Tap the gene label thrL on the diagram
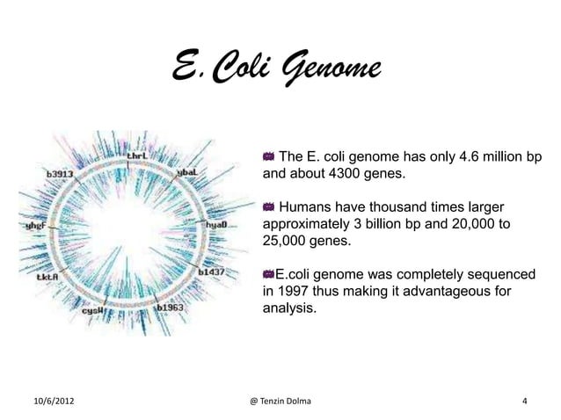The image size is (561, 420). pos(137,157)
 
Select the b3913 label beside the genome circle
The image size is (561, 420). pos(61,173)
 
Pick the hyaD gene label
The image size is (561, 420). pos(216,225)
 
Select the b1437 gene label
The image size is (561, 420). pos(213,272)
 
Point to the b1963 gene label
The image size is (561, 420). pos(170,308)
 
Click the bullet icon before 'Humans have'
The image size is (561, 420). pos(269,207)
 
